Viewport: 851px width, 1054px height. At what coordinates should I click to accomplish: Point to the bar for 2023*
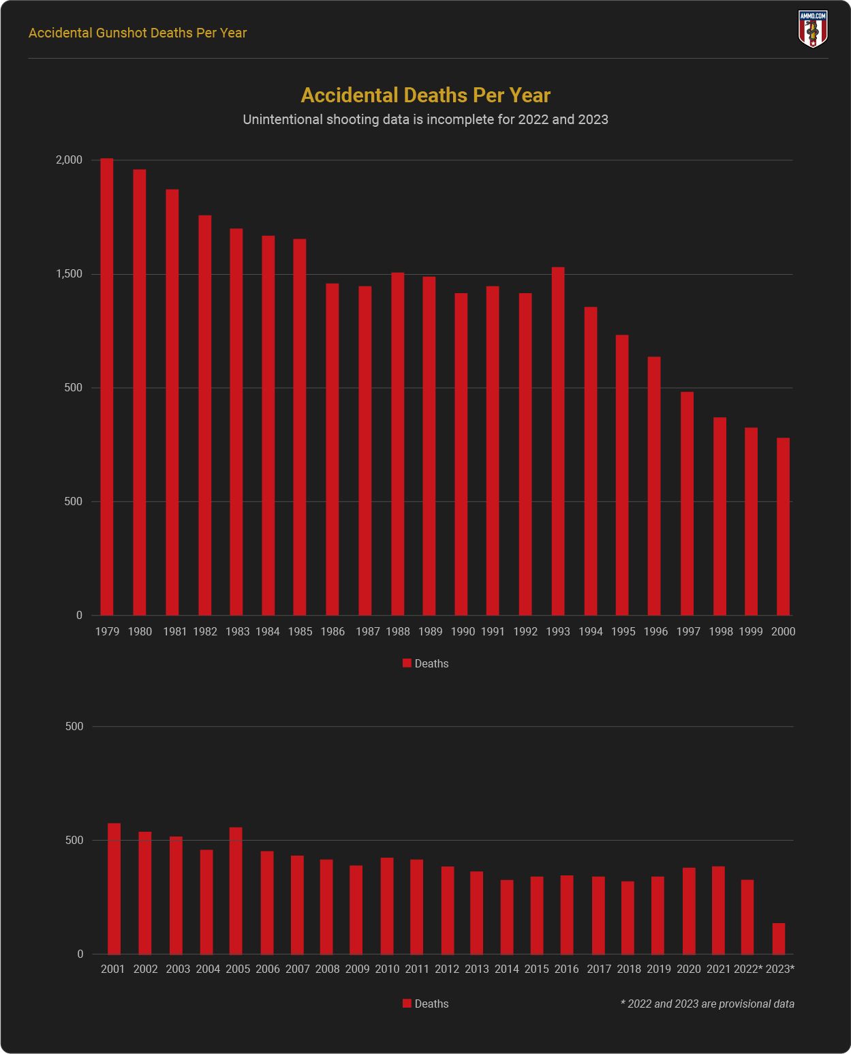[x=779, y=939]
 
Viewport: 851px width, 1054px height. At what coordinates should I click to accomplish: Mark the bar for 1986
[x=332, y=449]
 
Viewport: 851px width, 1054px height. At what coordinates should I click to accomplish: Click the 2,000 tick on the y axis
[x=69, y=160]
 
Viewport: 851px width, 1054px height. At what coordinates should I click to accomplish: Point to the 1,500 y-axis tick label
[x=69, y=274]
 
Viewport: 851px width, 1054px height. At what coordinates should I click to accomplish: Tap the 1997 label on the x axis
[x=688, y=631]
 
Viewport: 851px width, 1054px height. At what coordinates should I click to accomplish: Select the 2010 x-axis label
[x=387, y=969]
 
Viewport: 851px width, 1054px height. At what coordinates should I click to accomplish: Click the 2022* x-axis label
[x=748, y=969]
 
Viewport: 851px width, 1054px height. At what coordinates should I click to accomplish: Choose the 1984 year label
[x=268, y=631]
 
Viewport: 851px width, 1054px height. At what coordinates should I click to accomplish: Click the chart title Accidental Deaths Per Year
[x=425, y=95]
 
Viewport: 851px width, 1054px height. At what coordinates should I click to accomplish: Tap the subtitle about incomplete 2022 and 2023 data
[x=425, y=119]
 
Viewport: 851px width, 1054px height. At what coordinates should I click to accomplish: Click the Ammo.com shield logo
[x=812, y=29]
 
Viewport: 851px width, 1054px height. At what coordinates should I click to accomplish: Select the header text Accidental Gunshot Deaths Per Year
[x=138, y=33]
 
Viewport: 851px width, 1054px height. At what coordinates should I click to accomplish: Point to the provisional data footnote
[x=707, y=1004]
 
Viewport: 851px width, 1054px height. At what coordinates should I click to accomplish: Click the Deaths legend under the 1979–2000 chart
[x=426, y=663]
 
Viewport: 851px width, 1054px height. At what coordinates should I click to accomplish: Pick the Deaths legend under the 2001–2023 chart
[x=426, y=1004]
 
